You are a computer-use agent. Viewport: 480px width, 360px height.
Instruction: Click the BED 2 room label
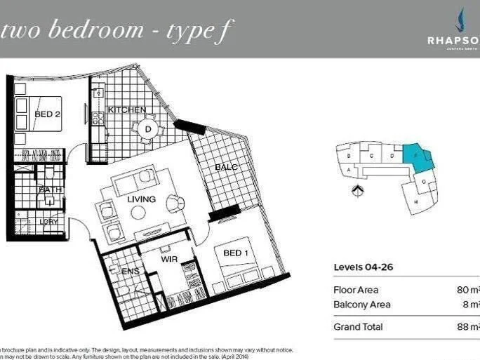coord(47,114)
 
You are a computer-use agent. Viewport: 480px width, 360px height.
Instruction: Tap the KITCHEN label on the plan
coord(126,109)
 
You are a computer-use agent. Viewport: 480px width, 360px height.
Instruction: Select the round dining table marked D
coord(148,129)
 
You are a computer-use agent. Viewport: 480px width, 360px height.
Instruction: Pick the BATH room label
coord(50,189)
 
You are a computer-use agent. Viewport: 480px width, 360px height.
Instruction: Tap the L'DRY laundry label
coord(48,222)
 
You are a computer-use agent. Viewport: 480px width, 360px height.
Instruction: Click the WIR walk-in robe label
coord(168,259)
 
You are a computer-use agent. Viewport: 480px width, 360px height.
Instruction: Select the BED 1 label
coord(236,253)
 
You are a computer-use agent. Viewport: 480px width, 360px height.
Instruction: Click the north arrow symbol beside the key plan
coord(358,189)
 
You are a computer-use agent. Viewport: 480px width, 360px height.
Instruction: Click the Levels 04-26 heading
coord(363,267)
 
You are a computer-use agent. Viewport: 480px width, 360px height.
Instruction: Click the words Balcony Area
coord(361,305)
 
